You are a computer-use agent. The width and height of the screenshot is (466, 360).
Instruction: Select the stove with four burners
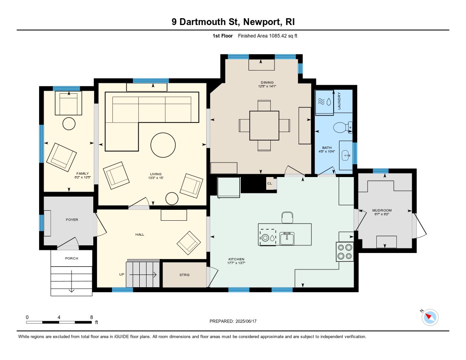point(344,252)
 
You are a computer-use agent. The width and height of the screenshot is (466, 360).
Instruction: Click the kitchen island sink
point(287,238)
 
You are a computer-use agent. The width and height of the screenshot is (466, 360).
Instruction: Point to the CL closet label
point(270,183)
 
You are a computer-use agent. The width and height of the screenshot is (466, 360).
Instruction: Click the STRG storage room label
point(184,275)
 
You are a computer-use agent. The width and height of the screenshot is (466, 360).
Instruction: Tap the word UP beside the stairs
point(122,274)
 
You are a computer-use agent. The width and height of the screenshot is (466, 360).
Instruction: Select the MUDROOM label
point(382,210)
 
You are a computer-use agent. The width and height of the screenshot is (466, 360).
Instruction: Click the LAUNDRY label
point(339,101)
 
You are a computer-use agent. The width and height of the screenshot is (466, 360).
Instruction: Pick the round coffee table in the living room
point(162,145)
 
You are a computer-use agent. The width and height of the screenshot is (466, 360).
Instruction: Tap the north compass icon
point(430,317)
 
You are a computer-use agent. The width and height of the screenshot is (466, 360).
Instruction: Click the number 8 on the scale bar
point(91,317)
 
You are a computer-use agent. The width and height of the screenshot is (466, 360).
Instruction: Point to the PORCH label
point(71,259)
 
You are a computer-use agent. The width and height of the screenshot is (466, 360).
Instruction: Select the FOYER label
point(72,220)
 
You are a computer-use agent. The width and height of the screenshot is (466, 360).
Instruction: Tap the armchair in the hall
point(188,243)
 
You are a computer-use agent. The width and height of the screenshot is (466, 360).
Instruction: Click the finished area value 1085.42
point(277,35)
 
